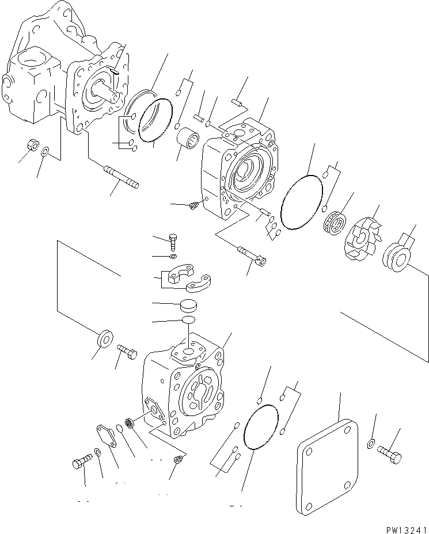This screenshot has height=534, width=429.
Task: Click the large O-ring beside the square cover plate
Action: [x=261, y=429]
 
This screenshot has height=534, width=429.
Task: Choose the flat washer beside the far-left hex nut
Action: [x=46, y=152]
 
